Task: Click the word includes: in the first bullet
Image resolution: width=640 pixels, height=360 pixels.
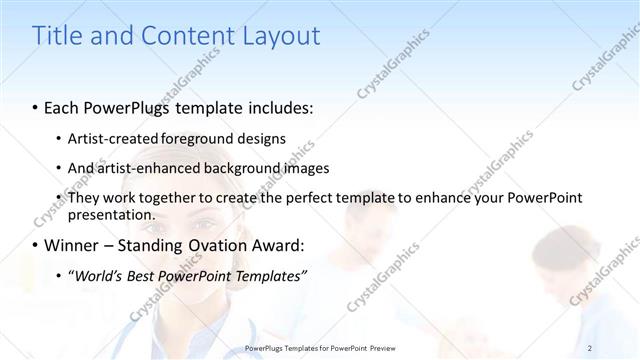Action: [277, 106]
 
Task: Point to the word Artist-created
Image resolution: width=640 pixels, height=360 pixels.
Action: [108, 138]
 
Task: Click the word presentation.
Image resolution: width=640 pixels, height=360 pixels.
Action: [112, 214]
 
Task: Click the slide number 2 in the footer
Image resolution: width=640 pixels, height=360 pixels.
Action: [590, 347]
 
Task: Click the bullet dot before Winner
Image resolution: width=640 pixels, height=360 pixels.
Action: [36, 245]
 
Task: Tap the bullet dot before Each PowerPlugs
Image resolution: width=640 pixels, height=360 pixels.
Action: [36, 106]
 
